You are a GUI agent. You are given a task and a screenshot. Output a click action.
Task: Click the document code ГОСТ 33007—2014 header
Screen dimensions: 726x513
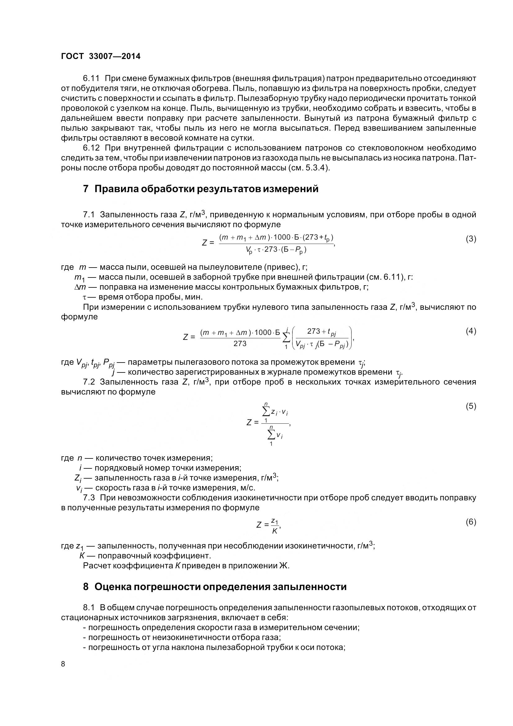tap(101, 56)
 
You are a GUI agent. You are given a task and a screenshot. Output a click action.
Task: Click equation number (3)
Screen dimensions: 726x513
tap(471, 239)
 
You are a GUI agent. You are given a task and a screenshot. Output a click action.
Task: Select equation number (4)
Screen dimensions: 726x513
tap(471, 331)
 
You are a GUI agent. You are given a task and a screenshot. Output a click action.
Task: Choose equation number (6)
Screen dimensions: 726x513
tap(471, 522)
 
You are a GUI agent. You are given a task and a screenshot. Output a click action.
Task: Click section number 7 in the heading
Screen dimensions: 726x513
tap(86, 189)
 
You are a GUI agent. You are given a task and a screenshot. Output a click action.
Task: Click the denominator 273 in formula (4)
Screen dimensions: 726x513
tap(240, 344)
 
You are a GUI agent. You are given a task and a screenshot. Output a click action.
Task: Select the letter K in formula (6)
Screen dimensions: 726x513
tap(274, 531)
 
